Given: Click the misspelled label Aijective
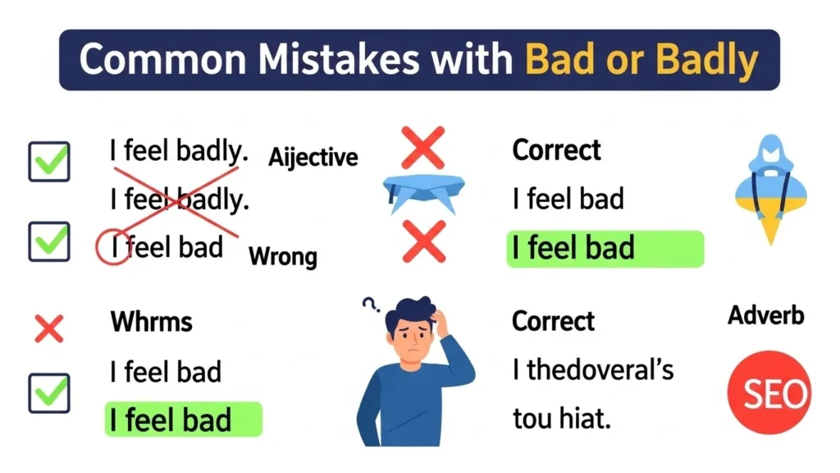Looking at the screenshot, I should point(313,156).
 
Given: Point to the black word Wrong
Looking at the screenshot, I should point(282,256).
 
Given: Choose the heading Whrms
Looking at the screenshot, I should point(151,321).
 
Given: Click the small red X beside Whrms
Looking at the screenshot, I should point(48,329).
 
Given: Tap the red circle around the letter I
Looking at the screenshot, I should point(113,246).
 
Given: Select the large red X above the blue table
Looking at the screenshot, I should point(423,148).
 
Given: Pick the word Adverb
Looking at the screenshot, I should point(766,315).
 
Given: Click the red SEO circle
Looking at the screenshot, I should point(769,394).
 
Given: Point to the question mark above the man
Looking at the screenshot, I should point(370,305).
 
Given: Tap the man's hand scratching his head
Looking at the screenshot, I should point(444,323).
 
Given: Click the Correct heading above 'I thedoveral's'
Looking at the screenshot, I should point(553,321).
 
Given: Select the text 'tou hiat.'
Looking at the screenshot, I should point(561,420).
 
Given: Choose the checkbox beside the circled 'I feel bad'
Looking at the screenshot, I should point(49,241).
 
